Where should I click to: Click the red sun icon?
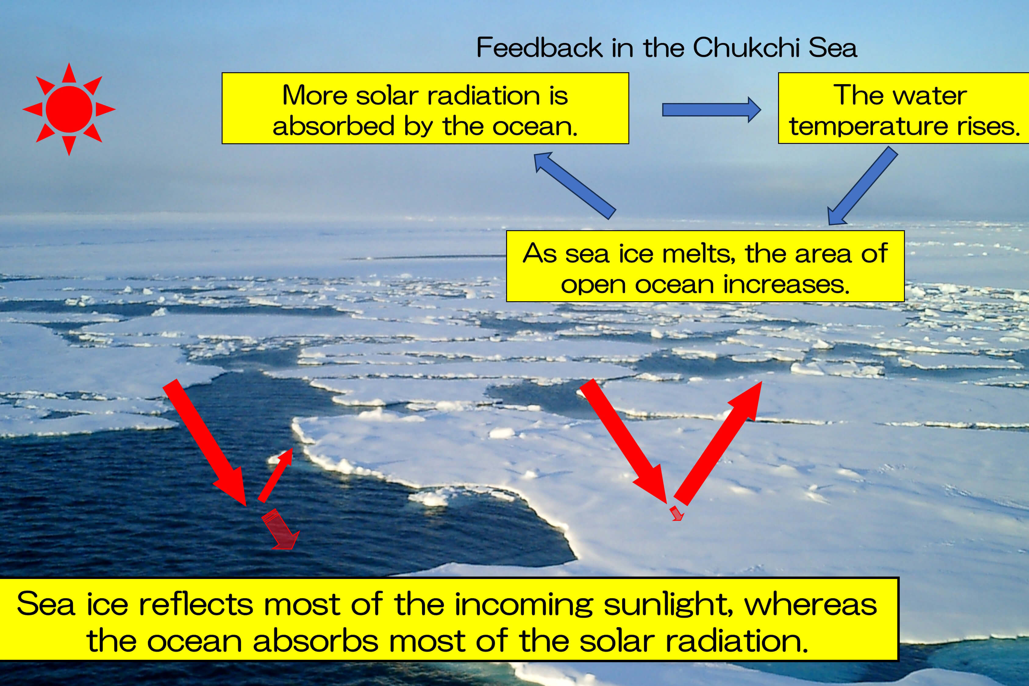click(69, 109)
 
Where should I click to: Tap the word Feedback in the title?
click(539, 47)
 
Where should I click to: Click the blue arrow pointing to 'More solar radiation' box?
click(574, 185)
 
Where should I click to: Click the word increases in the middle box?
click(786, 284)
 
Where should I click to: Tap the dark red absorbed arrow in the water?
click(280, 529)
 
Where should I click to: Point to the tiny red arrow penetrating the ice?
click(676, 513)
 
